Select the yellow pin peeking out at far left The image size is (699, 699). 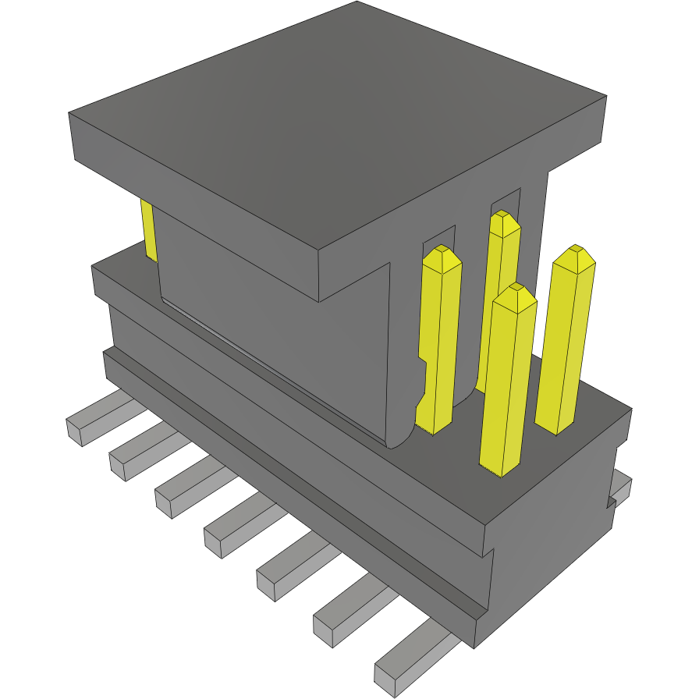(x=148, y=230)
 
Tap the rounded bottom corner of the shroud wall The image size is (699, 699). (x=402, y=437)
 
